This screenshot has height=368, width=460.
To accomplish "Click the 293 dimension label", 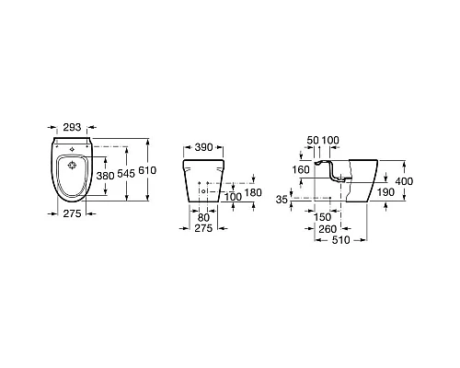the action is [72, 127].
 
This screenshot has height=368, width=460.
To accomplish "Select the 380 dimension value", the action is [105, 176].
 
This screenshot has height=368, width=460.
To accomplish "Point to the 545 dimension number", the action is [126, 174].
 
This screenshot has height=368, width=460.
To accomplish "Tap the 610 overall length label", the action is [147, 170].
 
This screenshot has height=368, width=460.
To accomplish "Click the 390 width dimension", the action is [203, 147].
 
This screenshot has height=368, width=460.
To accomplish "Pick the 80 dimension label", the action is [203, 218].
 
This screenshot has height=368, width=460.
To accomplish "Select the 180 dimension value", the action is [253, 192].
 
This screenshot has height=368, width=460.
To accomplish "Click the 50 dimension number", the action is [313, 140].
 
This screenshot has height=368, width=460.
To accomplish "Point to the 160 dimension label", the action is [301, 169].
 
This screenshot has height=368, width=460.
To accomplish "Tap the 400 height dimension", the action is [404, 181].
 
